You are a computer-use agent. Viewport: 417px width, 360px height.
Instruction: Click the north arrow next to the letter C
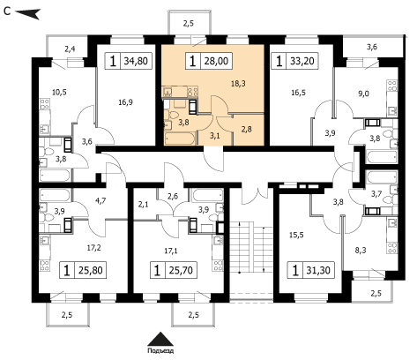tap(27, 13)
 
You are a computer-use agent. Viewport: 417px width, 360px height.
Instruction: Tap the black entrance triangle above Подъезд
tap(160, 339)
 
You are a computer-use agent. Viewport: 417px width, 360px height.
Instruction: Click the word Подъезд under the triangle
tap(160, 351)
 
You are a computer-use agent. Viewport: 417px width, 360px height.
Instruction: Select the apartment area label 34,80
tap(136, 61)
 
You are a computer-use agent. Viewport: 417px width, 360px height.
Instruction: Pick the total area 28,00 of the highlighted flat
tap(216, 61)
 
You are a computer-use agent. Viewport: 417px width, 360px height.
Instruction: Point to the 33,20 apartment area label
tap(302, 61)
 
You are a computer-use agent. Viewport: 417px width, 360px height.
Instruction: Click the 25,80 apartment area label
tap(91, 270)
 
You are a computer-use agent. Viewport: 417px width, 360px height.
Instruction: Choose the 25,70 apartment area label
tap(181, 270)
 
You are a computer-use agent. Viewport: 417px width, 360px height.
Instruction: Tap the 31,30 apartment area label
tap(318, 270)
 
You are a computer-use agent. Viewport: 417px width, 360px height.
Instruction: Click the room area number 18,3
tap(238, 84)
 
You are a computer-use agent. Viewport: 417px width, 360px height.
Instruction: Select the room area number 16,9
tap(126, 102)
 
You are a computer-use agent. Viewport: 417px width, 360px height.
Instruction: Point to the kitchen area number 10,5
tap(59, 93)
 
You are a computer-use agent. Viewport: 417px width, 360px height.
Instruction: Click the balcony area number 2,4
tap(70, 49)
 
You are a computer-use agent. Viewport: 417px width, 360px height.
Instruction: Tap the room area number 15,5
tap(296, 235)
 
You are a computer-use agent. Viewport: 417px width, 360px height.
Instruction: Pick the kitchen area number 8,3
tap(361, 251)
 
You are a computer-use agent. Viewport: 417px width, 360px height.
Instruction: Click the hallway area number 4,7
tap(101, 201)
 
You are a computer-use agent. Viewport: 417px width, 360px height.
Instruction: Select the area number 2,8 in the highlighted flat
tap(246, 129)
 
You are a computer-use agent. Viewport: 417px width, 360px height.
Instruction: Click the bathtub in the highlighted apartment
tap(180, 139)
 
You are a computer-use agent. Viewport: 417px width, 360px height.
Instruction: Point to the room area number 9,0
tap(363, 94)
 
